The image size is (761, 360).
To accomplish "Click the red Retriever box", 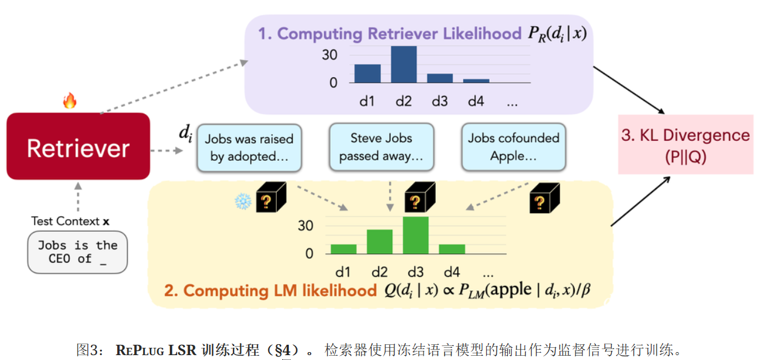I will click(x=78, y=146).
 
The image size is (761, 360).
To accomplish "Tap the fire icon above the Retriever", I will click(x=70, y=101).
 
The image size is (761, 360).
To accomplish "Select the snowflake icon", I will click(x=243, y=201).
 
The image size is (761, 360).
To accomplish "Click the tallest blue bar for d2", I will click(x=404, y=64).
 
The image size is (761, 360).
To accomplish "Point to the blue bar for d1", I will click(x=367, y=73).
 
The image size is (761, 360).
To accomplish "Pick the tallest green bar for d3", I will click(x=416, y=235).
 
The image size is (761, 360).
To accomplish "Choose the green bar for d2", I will click(x=379, y=241).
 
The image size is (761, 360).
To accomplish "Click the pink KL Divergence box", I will click(x=685, y=145).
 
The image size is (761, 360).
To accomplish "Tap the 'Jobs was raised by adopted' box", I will click(x=249, y=148).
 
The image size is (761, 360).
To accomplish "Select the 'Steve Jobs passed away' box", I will click(x=381, y=148).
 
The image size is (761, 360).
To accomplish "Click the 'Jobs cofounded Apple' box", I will click(x=513, y=148).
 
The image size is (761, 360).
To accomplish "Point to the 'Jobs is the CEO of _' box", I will click(x=78, y=252).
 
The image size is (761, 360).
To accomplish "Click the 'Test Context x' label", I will click(x=71, y=222).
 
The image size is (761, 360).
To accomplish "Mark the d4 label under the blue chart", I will click(x=476, y=101).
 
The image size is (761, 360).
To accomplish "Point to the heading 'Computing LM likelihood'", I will click(x=270, y=291).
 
